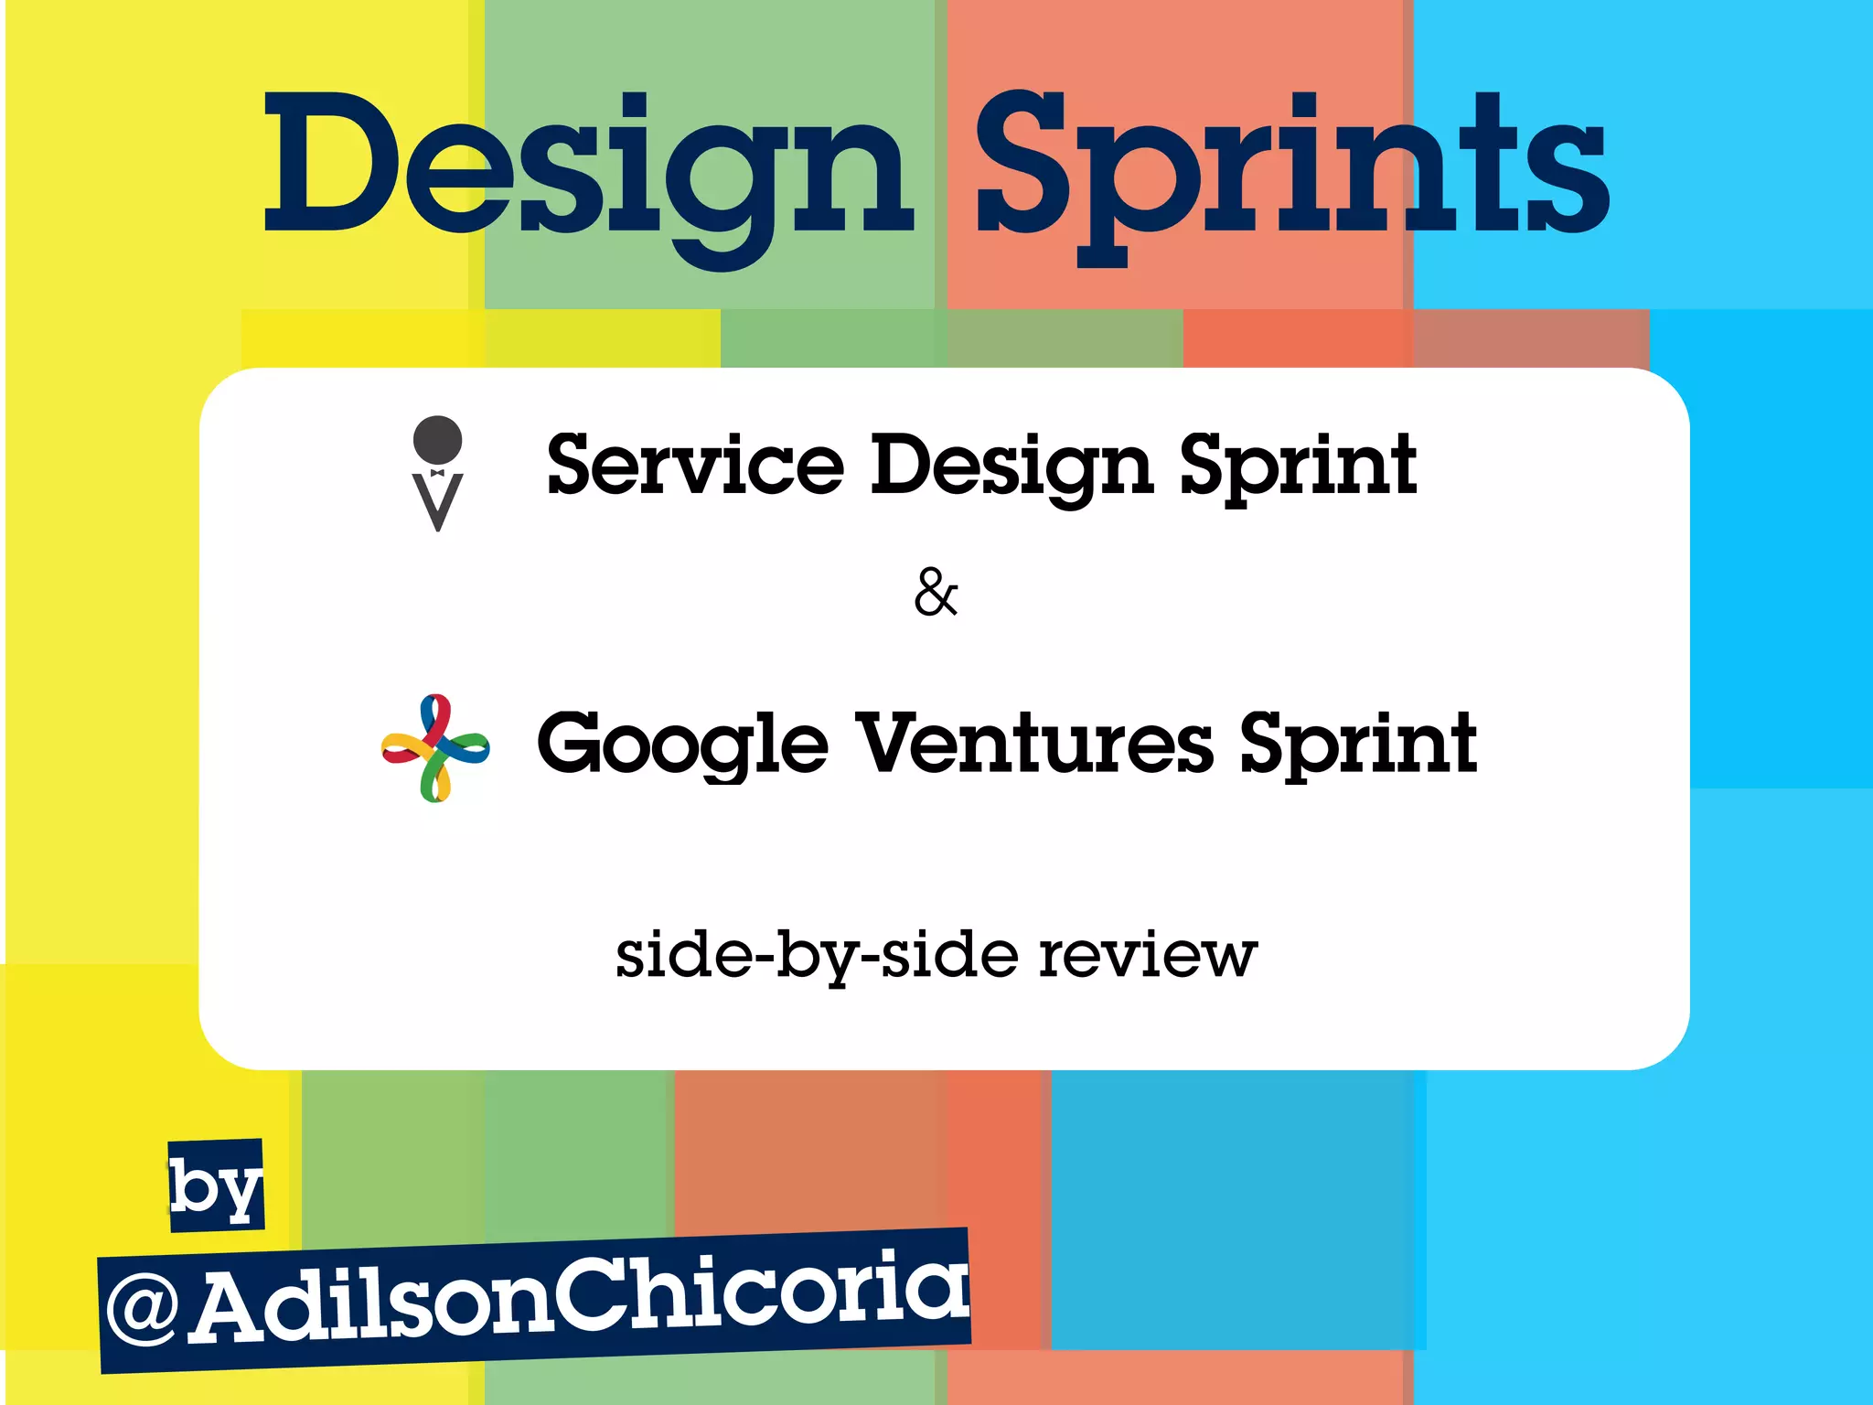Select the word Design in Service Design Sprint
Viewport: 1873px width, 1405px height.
pos(1011,467)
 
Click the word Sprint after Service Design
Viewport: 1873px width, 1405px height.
pos(1299,467)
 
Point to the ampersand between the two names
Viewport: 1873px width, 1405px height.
pos(936,593)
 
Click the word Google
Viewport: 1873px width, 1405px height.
pos(682,745)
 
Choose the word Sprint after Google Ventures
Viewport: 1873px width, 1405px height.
pos(1358,745)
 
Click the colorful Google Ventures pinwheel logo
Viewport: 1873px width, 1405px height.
pos(435,748)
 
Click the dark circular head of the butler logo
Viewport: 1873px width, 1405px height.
pos(437,439)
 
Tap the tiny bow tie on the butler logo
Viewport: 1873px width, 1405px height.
pos(437,473)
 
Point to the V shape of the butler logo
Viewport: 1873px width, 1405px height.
pos(437,501)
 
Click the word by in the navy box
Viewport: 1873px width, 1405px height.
pos(216,1186)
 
